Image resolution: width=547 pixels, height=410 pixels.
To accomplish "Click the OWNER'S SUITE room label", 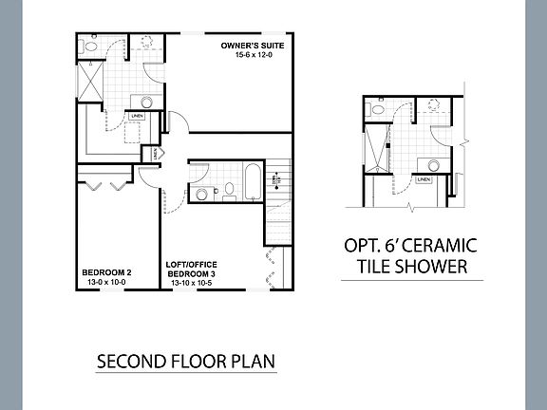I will tap(253, 46).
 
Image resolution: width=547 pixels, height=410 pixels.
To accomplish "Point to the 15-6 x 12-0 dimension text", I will tap(253, 56).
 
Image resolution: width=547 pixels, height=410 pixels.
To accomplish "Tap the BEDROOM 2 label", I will tap(106, 273).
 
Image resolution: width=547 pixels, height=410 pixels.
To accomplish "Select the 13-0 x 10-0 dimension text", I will tap(106, 283).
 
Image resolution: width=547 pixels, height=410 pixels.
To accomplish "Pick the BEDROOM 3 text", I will tap(193, 273).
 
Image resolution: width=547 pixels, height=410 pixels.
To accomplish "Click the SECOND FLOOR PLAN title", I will tap(186, 363).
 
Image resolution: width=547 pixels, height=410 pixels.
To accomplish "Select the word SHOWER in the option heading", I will tap(435, 267).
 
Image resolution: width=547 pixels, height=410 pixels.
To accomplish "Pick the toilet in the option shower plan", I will tap(378, 111).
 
